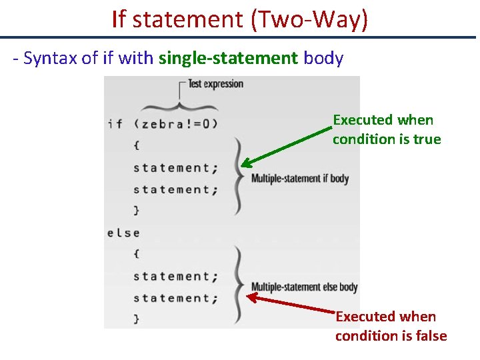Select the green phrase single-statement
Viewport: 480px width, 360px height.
point(228,59)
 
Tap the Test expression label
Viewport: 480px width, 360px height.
point(215,84)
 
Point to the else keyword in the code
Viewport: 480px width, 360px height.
point(123,233)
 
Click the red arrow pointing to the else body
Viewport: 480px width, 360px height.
point(293,304)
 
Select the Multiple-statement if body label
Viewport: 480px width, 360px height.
point(299,179)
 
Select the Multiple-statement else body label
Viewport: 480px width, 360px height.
point(304,287)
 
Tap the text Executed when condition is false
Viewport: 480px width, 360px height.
point(391,326)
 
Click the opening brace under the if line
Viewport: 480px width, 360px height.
point(137,145)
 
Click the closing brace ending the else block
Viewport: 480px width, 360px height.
point(137,319)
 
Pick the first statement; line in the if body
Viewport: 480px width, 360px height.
point(175,168)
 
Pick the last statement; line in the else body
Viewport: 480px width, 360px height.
point(175,298)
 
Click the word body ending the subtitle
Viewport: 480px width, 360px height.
point(323,59)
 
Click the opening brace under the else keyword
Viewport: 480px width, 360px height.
point(137,254)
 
